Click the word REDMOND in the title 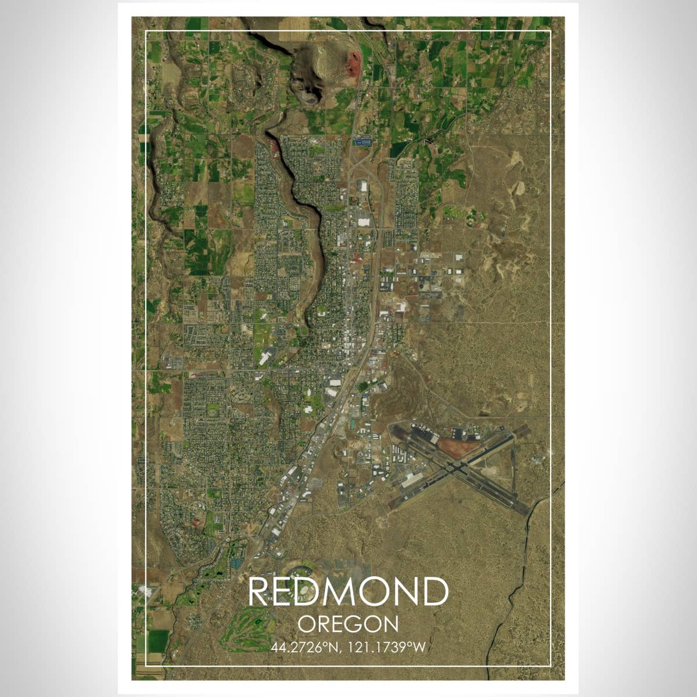pyautogui.click(x=348, y=592)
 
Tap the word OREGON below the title pyautogui.click(x=348, y=624)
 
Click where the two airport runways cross pyautogui.click(x=455, y=468)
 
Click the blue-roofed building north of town pyautogui.click(x=364, y=141)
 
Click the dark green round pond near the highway pyautogui.click(x=362, y=386)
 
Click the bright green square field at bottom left pyautogui.click(x=158, y=641)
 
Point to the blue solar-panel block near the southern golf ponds pyautogui.click(x=236, y=563)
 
